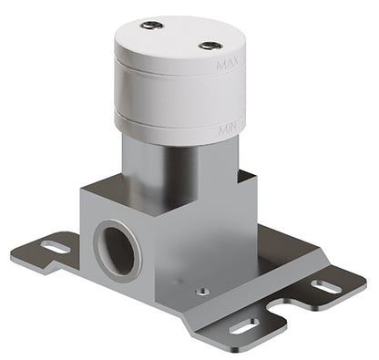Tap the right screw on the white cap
click(209, 45)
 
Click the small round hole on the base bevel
click(202, 292)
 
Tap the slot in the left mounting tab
click(56, 246)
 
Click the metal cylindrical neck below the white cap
click(178, 173)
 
